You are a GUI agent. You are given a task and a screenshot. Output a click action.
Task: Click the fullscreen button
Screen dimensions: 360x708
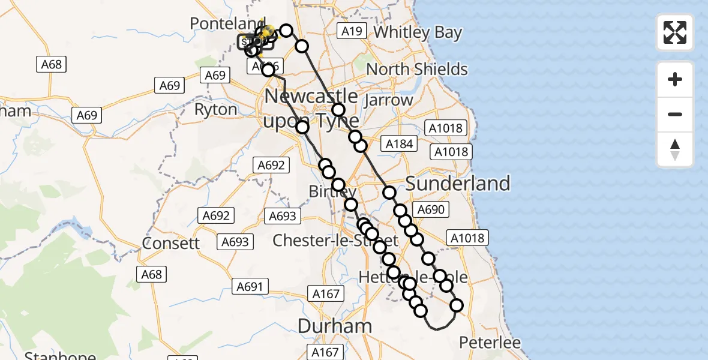click(x=675, y=32)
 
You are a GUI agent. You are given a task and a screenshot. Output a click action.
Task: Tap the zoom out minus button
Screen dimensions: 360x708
click(x=675, y=114)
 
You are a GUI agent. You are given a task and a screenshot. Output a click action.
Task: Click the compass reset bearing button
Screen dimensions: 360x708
click(x=675, y=149)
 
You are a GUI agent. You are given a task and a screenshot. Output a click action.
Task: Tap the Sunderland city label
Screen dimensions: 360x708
click(x=458, y=184)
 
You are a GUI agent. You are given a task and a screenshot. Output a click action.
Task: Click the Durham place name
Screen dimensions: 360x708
click(x=335, y=326)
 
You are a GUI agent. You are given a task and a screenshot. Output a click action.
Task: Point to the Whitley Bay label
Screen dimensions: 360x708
click(x=418, y=32)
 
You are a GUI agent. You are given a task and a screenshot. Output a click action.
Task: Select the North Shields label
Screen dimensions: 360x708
click(x=416, y=69)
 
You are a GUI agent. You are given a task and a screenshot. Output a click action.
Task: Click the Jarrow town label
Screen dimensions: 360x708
click(x=389, y=100)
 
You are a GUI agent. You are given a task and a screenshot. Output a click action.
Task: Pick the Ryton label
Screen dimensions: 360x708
click(x=216, y=110)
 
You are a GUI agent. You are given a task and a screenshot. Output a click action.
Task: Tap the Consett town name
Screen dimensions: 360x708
click(x=171, y=243)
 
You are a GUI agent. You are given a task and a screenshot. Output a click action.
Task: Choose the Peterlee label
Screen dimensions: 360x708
click(x=490, y=343)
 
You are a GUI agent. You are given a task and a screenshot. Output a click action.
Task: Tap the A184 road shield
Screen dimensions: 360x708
click(x=400, y=144)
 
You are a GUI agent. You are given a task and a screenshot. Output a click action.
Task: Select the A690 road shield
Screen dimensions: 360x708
click(x=431, y=209)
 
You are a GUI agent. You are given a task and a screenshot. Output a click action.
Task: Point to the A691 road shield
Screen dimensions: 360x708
click(x=250, y=287)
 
